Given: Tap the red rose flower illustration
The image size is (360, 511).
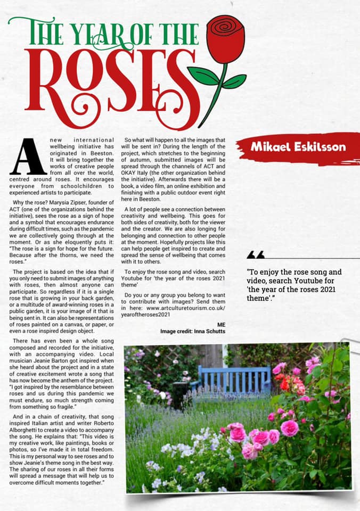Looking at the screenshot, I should click(225, 38).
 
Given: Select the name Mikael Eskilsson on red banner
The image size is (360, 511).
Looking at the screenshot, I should click(299, 146).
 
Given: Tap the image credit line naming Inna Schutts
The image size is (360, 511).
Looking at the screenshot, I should click(193, 331).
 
